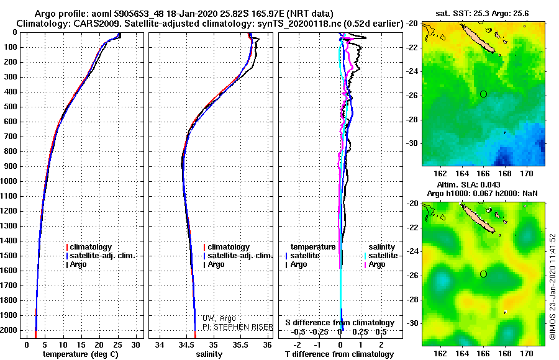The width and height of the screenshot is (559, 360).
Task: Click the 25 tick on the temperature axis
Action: tap(117, 344)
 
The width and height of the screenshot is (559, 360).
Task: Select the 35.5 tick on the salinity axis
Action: tap(240, 344)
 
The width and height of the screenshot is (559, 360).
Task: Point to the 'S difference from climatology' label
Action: tap(340, 323)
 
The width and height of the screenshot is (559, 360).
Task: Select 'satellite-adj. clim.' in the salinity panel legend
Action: tap(239, 256)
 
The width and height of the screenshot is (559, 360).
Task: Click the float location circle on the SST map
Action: tap(483, 94)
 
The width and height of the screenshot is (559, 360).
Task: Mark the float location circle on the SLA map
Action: tap(483, 274)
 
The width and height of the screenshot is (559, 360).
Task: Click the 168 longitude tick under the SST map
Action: tap(505, 175)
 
